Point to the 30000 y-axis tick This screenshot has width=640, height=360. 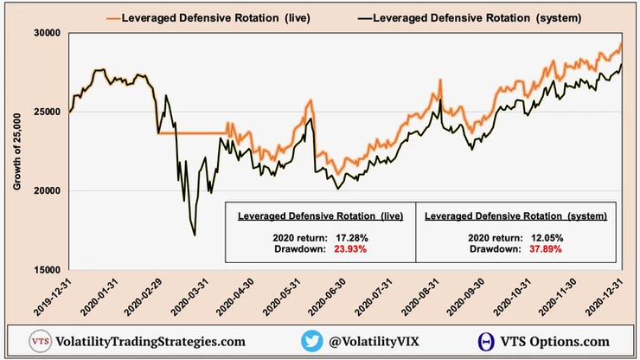[47, 33]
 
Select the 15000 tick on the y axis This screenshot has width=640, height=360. [47, 270]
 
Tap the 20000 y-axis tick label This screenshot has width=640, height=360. [47, 191]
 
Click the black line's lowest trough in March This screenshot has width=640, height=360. [195, 235]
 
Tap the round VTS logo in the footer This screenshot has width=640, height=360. [40, 341]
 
